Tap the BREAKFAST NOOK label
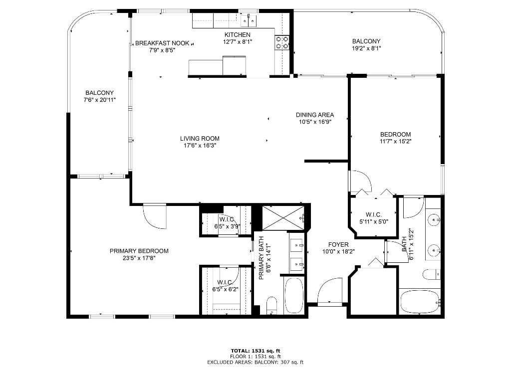(162, 43)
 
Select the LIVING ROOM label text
(200, 139)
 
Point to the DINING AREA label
(314, 115)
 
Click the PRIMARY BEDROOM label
(139, 251)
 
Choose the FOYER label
(338, 244)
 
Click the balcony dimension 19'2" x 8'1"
(366, 48)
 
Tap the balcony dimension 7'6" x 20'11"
(99, 100)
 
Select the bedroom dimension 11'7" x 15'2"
(395, 141)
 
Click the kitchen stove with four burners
(282, 42)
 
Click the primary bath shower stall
(282, 218)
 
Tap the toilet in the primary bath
(272, 305)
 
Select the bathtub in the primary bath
(293, 296)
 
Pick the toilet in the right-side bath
(430, 274)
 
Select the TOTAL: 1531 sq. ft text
(255, 351)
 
